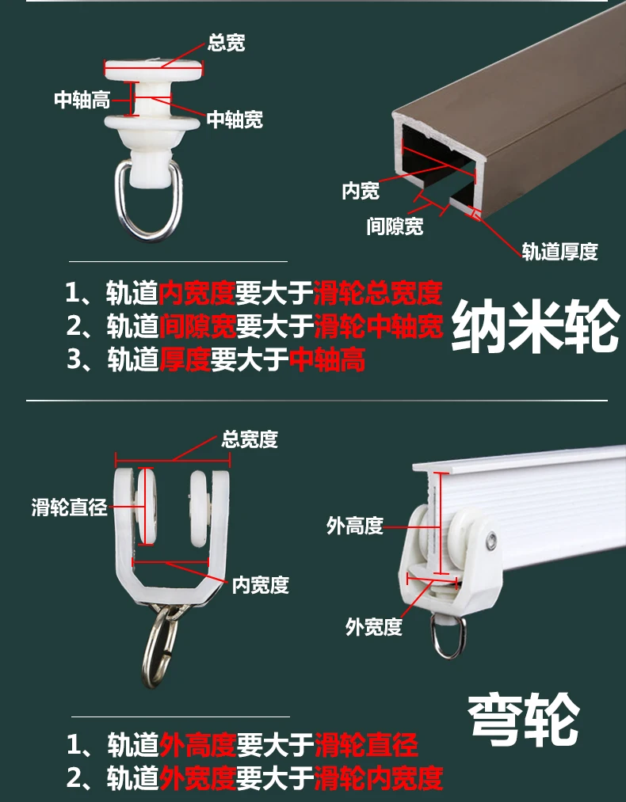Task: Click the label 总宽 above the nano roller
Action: (226, 43)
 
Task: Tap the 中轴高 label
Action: (82, 100)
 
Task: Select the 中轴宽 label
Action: (235, 120)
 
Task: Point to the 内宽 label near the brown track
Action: (361, 191)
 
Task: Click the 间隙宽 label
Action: (395, 226)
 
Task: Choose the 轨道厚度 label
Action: (559, 252)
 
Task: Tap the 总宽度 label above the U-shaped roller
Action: (250, 439)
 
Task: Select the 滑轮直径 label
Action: (69, 507)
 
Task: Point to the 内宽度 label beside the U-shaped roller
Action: (260, 585)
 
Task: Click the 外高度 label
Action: (354, 526)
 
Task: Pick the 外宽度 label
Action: (374, 627)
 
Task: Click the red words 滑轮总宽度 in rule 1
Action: (377, 293)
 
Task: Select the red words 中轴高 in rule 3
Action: (326, 360)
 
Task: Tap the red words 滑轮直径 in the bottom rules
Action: (366, 744)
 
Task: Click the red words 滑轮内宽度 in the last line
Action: (378, 777)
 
